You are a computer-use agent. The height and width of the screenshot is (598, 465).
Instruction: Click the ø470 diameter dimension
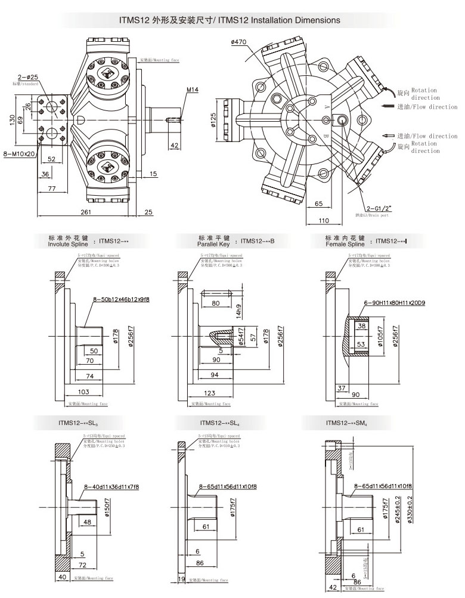[x=238, y=42]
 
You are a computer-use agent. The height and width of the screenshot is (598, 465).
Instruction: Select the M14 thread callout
[x=191, y=90]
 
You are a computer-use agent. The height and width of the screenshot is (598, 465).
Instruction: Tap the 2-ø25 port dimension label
[x=27, y=78]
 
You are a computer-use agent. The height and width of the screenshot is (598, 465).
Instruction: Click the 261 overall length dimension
[x=86, y=212]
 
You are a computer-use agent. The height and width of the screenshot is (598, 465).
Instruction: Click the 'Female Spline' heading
[x=345, y=244]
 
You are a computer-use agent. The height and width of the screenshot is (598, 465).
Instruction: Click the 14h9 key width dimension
[x=238, y=311]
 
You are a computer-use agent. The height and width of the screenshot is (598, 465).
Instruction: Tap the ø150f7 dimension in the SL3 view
[x=108, y=506]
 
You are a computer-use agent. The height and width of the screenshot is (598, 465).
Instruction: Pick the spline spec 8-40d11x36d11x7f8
[x=111, y=487]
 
